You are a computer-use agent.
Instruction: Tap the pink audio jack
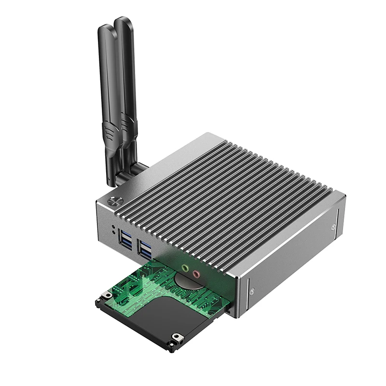point(196,275)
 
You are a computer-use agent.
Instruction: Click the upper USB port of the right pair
point(144,245)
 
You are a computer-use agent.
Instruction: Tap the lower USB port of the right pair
point(145,253)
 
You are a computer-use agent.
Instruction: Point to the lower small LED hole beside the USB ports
point(113,232)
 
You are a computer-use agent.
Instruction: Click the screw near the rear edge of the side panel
point(334,225)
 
